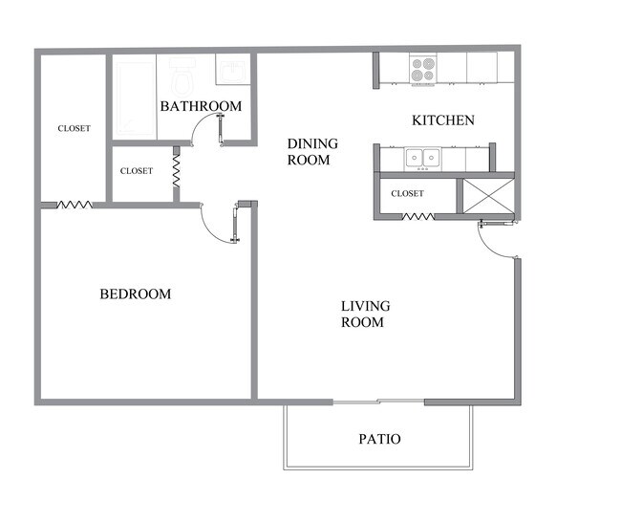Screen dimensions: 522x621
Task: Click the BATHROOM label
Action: [201, 106]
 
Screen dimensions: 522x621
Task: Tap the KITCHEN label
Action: [442, 120]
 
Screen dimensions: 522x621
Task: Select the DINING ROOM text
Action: [312, 152]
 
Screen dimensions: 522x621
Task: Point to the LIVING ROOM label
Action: [365, 315]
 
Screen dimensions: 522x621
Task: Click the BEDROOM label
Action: [136, 294]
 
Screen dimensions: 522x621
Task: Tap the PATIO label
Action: [379, 440]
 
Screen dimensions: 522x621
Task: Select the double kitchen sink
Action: [421, 158]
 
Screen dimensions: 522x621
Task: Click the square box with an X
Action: [486, 197]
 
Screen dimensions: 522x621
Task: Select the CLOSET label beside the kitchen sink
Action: [407, 193]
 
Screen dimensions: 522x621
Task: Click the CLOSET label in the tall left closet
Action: [74, 128]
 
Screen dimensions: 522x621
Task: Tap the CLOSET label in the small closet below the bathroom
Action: [136, 171]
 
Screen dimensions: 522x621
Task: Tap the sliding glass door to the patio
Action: [378, 401]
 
